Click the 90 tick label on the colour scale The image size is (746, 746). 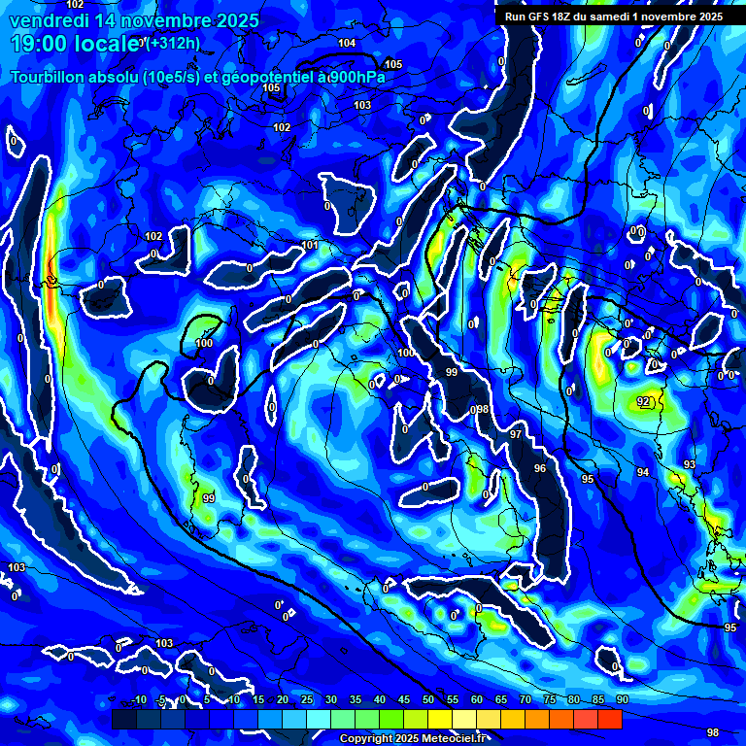point(622,699)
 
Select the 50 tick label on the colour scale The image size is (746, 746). point(428,699)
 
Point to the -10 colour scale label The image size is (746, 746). point(138,699)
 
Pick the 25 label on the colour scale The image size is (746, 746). point(307,699)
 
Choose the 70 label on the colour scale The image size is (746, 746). point(526,699)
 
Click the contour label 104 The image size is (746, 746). point(347,44)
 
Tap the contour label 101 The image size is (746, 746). point(310,245)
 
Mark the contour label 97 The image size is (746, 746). point(516,434)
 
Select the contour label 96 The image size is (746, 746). point(540,468)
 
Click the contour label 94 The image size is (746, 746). point(643,472)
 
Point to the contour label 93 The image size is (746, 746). point(689,465)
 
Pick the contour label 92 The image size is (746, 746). point(643,401)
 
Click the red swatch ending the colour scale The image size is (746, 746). point(609,719)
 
